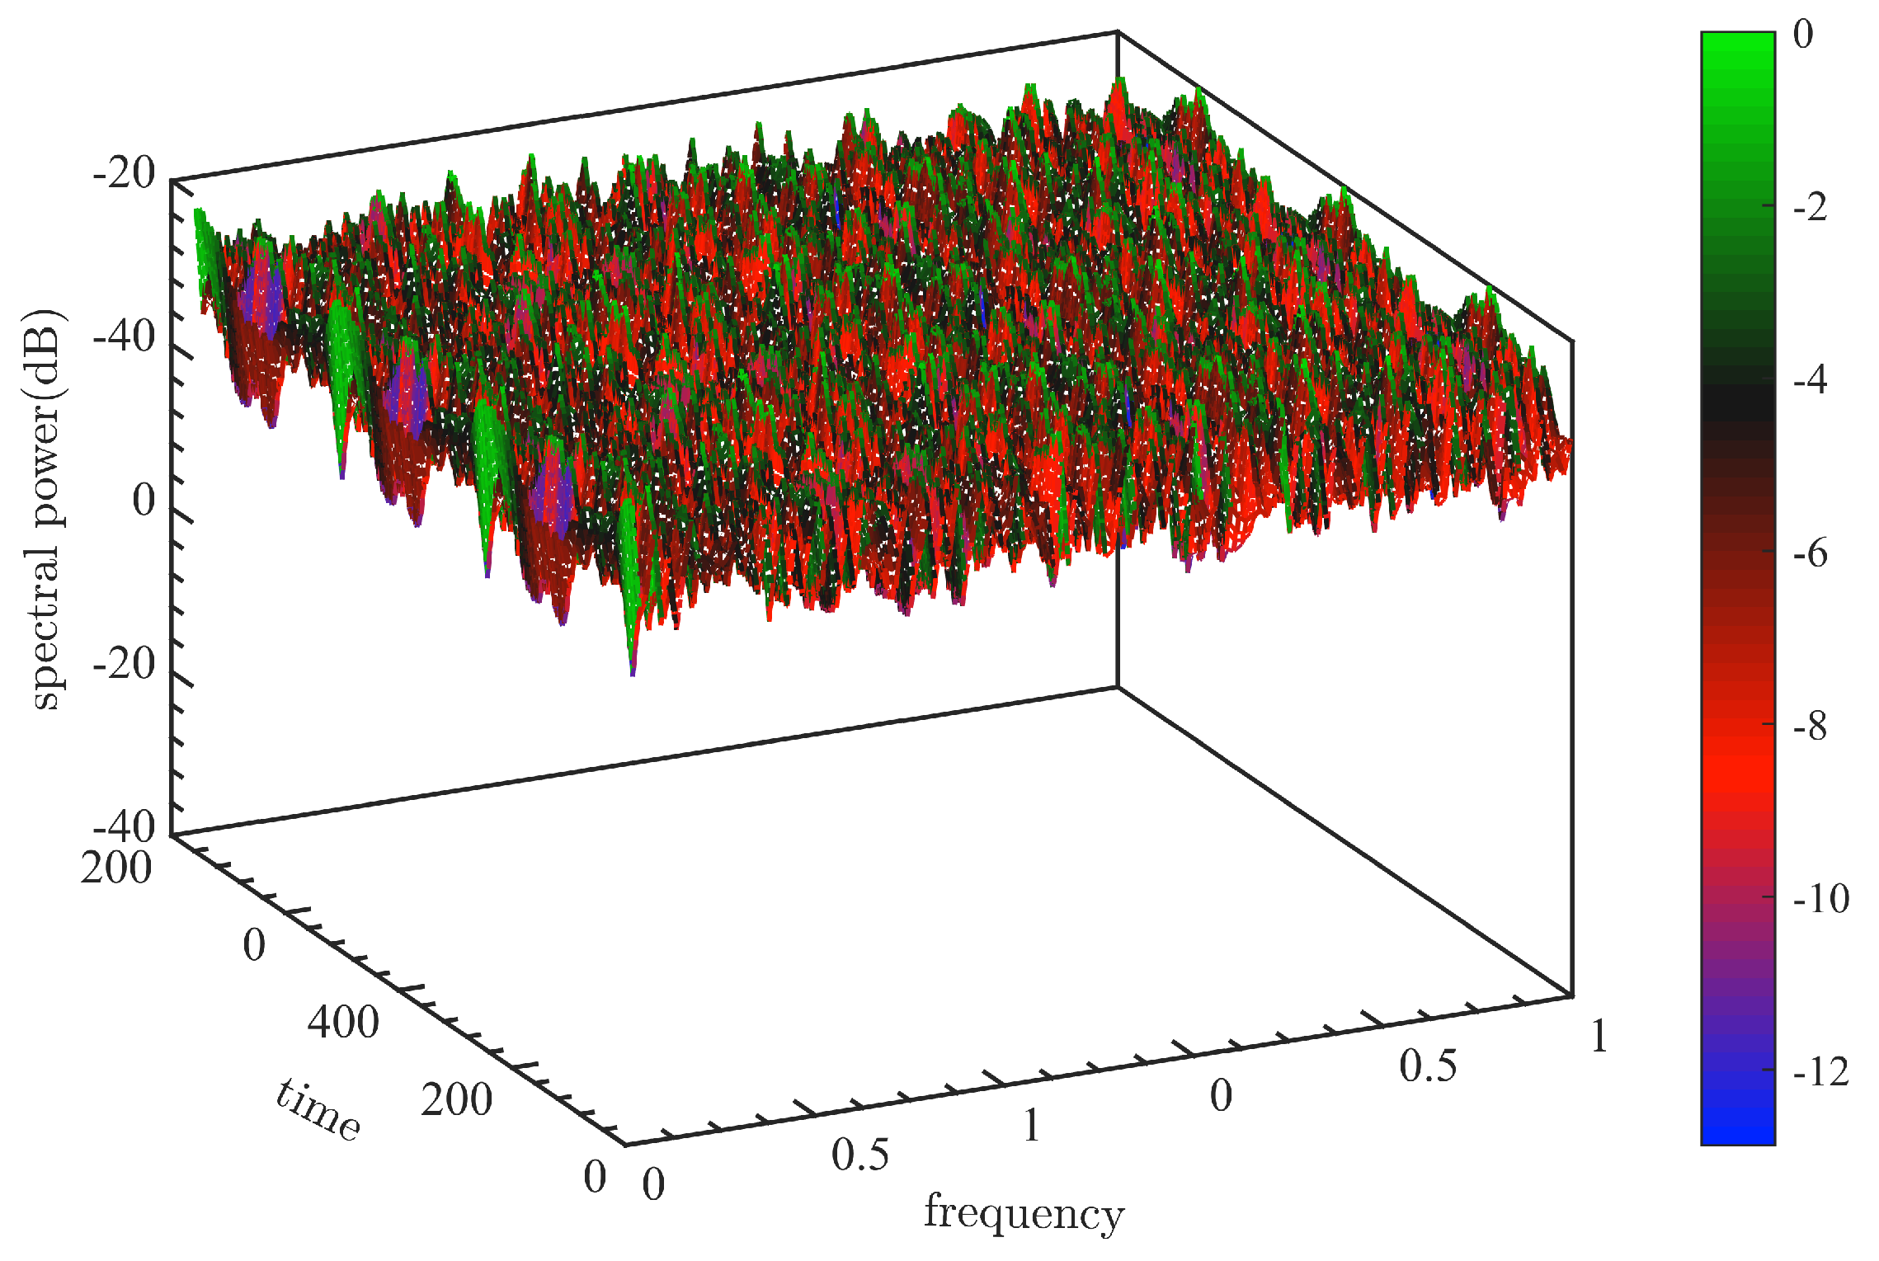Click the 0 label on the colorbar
1803,35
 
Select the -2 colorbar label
1811,207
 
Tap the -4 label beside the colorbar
1811,380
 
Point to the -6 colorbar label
1811,553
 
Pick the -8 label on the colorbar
1811,727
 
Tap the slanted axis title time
318,1109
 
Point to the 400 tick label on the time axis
343,1022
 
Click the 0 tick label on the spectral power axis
144,501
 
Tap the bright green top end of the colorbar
1737,45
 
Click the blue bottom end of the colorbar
1737,1130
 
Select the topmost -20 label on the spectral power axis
124,174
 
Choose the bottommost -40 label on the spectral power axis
124,826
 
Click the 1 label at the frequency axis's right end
1599,1037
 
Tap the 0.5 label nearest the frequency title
860,1155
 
